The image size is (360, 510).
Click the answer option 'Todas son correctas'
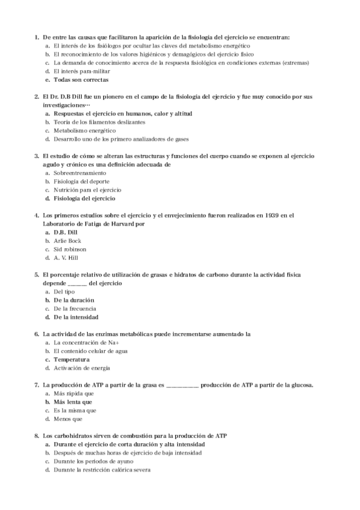coord(81,79)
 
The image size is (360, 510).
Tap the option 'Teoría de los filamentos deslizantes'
coord(99,121)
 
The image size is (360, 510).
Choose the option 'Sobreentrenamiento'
coord(75,173)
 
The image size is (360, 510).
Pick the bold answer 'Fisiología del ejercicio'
coord(84,198)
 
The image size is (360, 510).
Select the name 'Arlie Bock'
coord(67,241)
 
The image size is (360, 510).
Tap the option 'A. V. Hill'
coord(66,257)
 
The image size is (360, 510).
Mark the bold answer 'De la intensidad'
coord(76,317)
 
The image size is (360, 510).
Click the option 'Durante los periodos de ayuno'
coord(94,461)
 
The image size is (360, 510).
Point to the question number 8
coord(38,435)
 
